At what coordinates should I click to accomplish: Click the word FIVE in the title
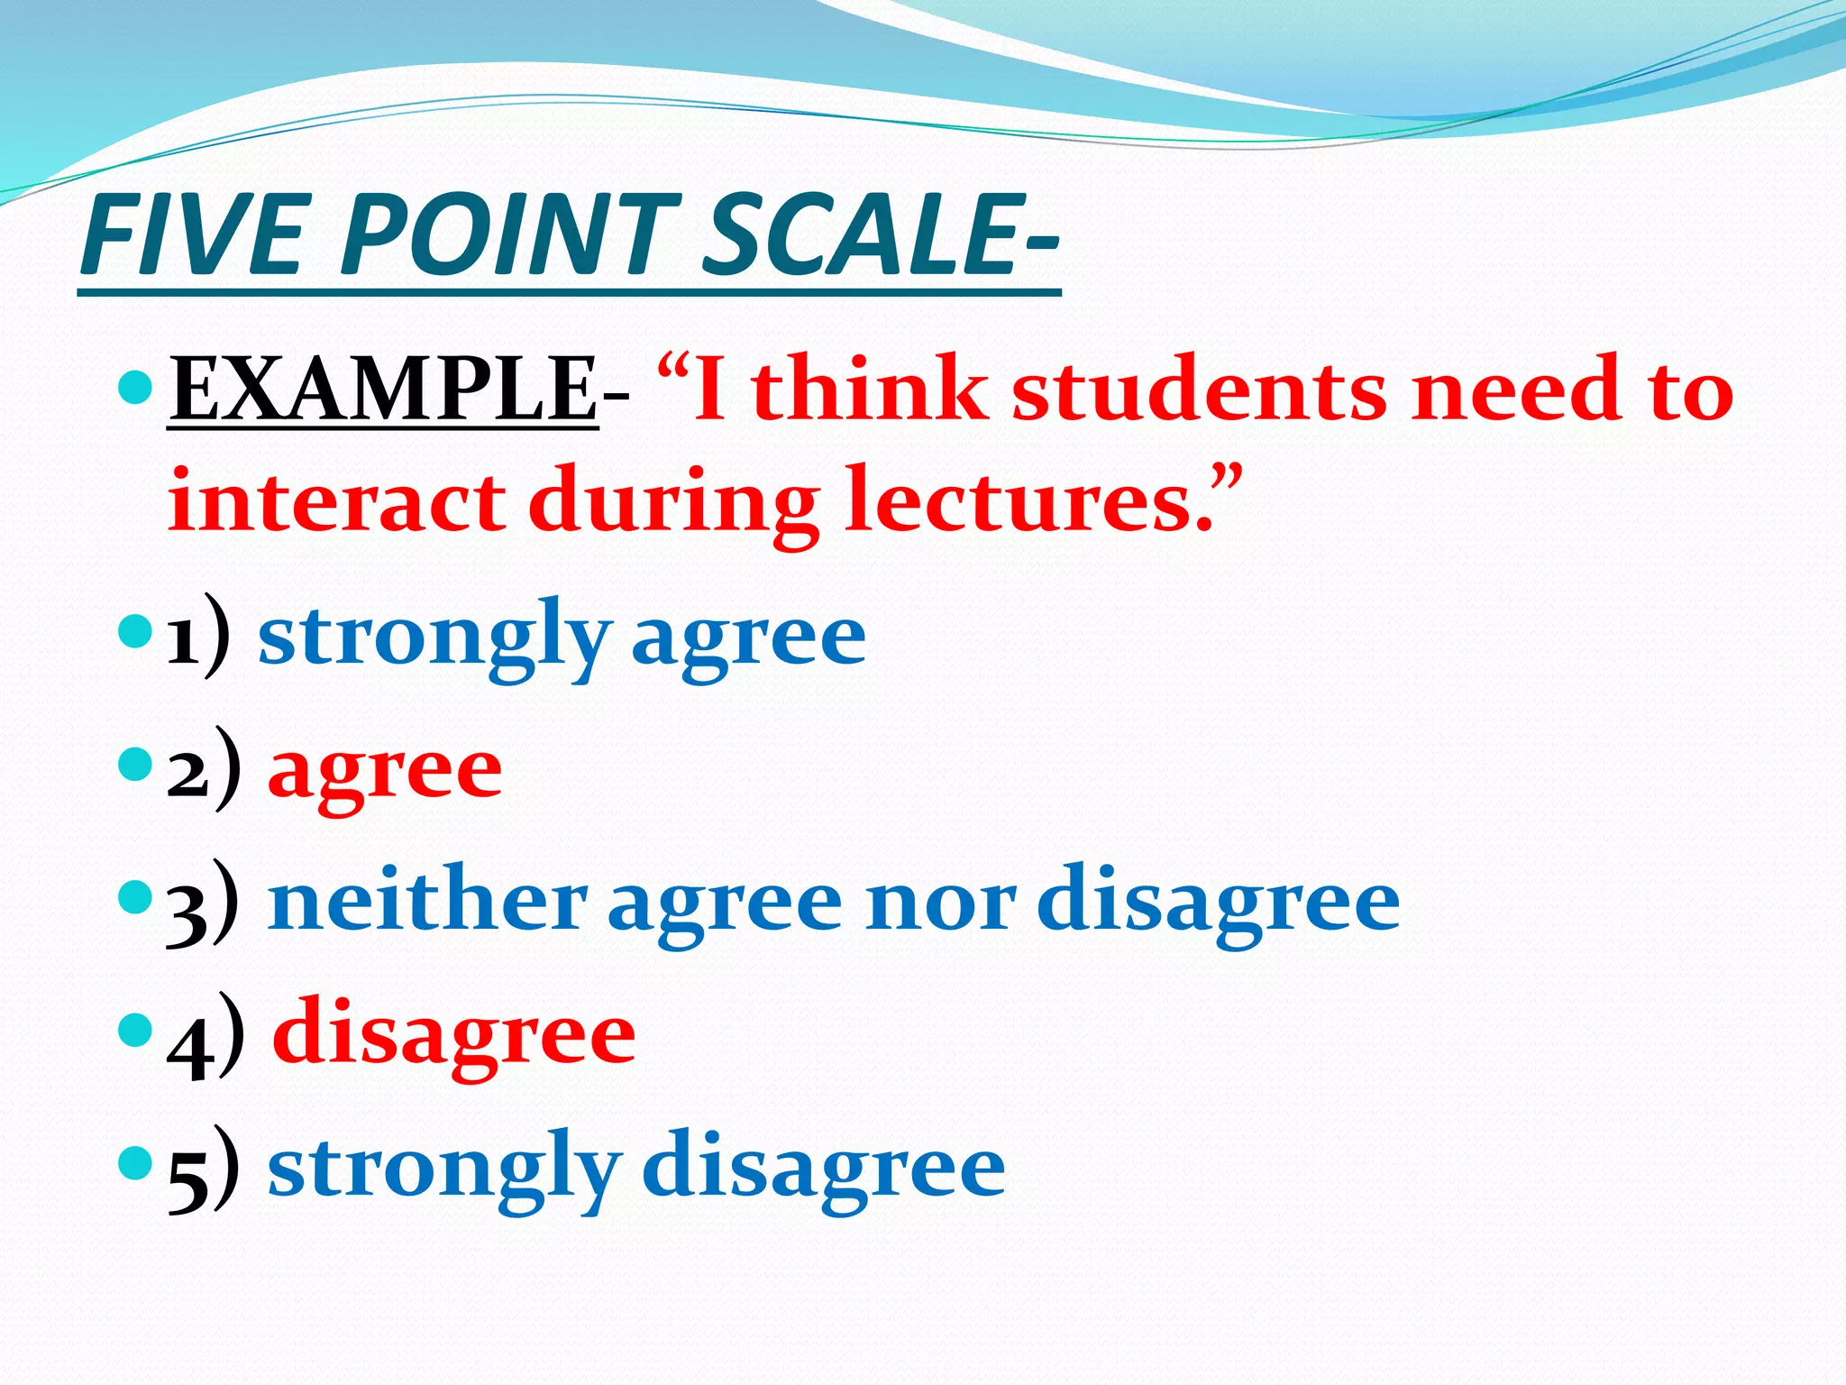pyautogui.click(x=189, y=237)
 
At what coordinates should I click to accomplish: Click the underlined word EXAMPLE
pyautogui.click(x=383, y=390)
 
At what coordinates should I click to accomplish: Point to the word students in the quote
pyautogui.click(x=1199, y=390)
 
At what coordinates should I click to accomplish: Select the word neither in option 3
pyautogui.click(x=427, y=902)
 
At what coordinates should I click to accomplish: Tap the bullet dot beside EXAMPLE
pyautogui.click(x=136, y=387)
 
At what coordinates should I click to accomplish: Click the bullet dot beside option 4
pyautogui.click(x=136, y=1027)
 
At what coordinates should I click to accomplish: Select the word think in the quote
pyautogui.click(x=869, y=390)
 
